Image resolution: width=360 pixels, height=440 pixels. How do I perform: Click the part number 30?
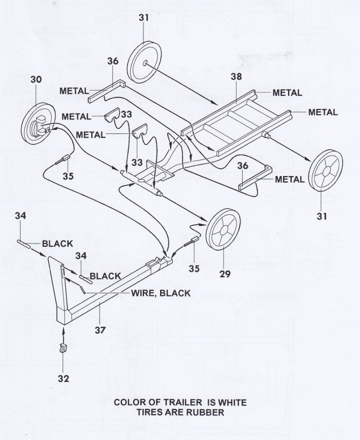click(x=36, y=80)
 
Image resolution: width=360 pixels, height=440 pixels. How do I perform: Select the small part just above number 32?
click(x=63, y=349)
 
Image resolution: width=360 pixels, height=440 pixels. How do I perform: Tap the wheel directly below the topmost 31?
click(x=145, y=64)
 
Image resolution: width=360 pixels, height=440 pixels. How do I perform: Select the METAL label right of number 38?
click(x=287, y=92)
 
